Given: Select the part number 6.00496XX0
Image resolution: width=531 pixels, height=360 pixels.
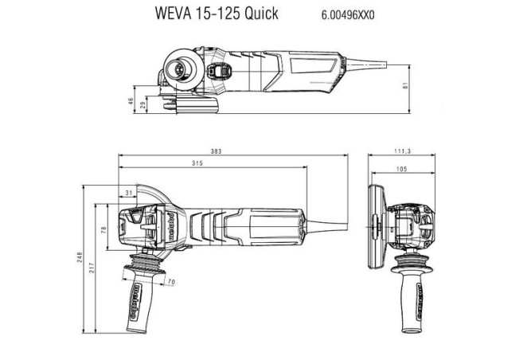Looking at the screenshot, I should pos(349,14).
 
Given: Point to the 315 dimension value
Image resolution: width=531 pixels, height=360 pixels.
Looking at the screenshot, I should pos(196,163).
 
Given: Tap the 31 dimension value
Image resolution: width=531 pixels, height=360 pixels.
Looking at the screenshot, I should pos(129,193).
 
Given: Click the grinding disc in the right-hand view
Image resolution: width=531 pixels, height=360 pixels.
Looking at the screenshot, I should pos(376,222).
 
